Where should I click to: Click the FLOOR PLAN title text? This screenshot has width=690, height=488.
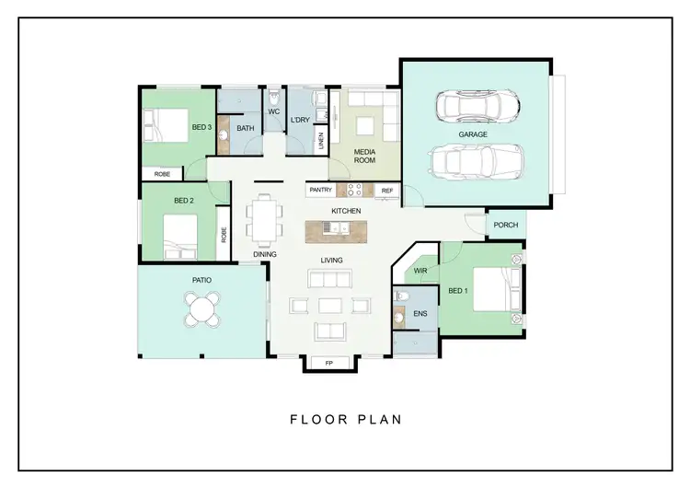[x=345, y=420]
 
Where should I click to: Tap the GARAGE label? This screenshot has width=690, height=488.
[x=473, y=134]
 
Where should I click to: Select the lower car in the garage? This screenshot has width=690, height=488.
[x=477, y=163]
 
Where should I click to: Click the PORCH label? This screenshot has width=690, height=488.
[x=505, y=225]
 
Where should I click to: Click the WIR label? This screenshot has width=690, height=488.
[x=420, y=272]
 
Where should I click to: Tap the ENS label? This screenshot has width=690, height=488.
[x=420, y=314]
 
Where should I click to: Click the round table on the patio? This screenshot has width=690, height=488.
[x=202, y=308]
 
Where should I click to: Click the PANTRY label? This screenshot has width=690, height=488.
[x=320, y=191]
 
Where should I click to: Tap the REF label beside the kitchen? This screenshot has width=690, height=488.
[x=386, y=191]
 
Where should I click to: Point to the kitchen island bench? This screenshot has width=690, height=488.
[x=346, y=227]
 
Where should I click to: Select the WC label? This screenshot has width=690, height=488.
[x=273, y=112]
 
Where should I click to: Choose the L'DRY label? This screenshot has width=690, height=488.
[x=299, y=121]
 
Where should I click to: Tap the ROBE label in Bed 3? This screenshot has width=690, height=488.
[x=161, y=173]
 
